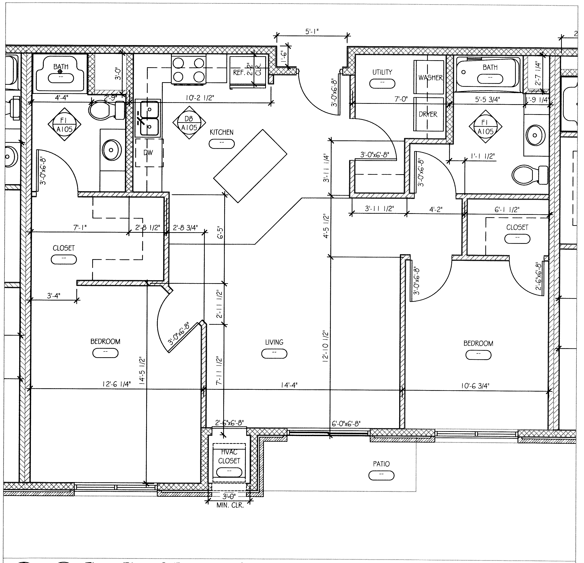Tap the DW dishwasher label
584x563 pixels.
tap(148, 153)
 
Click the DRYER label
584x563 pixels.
tap(428, 114)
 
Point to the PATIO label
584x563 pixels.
tap(381, 464)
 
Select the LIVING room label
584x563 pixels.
tap(274, 342)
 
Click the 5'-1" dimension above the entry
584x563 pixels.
tap(312, 32)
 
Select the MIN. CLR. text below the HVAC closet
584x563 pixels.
tap(230, 505)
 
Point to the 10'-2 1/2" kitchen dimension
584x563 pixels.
tap(200, 98)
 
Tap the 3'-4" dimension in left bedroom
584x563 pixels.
tap(54, 296)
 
